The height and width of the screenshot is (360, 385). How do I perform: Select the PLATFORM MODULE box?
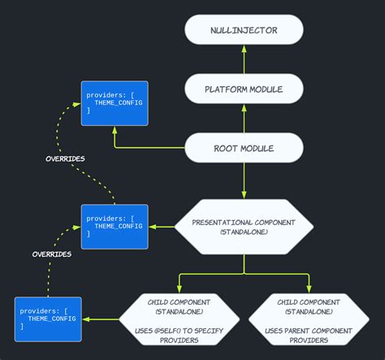pyautogui.click(x=244, y=89)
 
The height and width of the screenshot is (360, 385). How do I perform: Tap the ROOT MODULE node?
pyautogui.click(x=244, y=149)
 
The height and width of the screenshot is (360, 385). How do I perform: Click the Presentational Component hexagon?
pyautogui.click(x=244, y=226)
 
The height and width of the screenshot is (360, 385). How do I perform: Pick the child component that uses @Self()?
pyautogui.click(x=180, y=319)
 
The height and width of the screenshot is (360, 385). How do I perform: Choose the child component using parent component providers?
pyautogui.click(x=309, y=319)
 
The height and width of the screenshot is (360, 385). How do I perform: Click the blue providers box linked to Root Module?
pyautogui.click(x=115, y=103)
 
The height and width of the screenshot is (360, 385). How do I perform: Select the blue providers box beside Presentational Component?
pyautogui.click(x=115, y=227)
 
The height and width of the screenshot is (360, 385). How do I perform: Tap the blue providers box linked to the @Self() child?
pyautogui.click(x=48, y=319)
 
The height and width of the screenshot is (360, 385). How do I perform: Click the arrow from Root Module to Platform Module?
pyautogui.click(x=244, y=119)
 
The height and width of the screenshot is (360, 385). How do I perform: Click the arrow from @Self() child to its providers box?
pyautogui.click(x=101, y=319)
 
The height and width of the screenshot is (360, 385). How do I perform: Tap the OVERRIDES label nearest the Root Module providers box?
pyautogui.click(x=66, y=158)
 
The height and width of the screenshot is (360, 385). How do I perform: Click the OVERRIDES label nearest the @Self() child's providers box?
pyautogui.click(x=51, y=254)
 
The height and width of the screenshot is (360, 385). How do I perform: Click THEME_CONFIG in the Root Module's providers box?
pyautogui.click(x=119, y=103)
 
